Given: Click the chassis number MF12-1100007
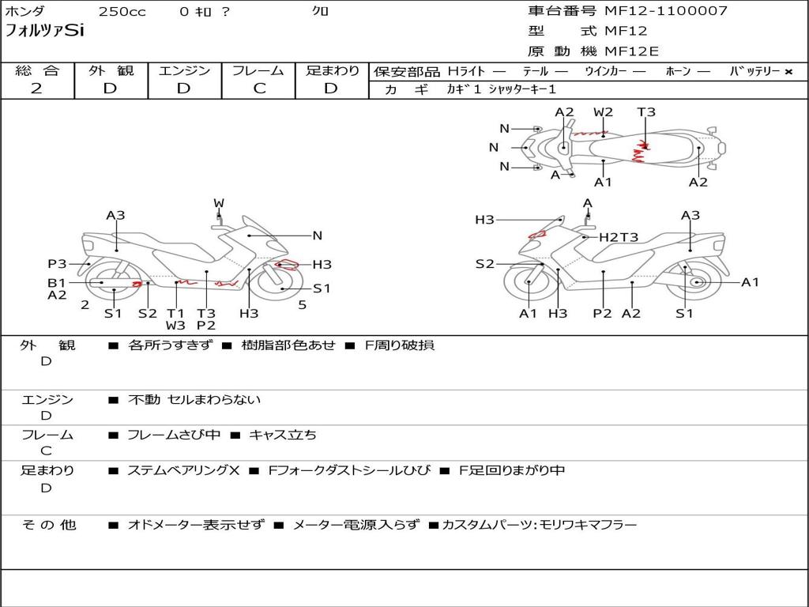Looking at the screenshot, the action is click(666, 11).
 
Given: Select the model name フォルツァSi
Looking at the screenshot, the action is click(44, 32).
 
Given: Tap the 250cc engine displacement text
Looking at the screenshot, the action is click(122, 12).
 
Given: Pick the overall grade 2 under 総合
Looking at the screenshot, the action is click(36, 89).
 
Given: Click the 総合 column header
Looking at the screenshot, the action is click(37, 70).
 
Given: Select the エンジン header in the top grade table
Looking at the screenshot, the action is click(184, 70).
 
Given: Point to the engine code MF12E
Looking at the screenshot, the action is click(632, 52).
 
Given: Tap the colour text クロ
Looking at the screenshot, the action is click(321, 12).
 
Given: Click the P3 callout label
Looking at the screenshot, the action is click(57, 264).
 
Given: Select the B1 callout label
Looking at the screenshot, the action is click(56, 282).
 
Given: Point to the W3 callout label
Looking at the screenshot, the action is click(175, 325).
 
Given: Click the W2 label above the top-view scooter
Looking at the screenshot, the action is click(603, 112).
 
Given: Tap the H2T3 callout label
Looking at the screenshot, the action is click(619, 237).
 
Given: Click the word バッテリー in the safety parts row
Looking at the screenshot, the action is click(755, 71).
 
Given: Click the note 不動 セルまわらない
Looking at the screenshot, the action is click(194, 400).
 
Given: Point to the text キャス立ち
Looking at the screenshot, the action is click(283, 435).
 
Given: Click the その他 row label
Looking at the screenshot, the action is click(49, 525).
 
